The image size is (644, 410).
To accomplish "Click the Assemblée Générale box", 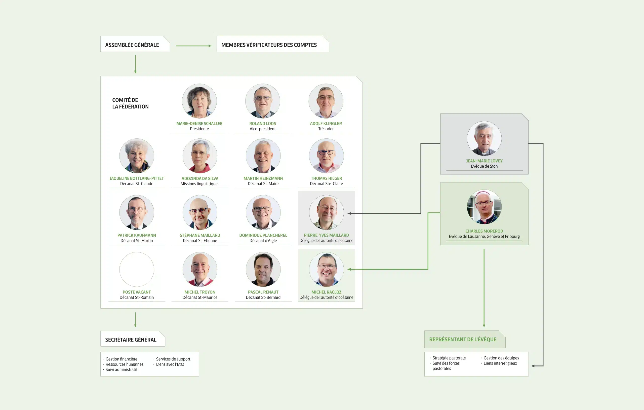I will [135, 45].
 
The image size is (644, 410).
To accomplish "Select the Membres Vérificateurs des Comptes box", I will [272, 45].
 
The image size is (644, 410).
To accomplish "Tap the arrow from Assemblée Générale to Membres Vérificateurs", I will [193, 46].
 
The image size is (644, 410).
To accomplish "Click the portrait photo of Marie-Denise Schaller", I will [199, 101].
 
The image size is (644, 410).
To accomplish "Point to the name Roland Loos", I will [262, 123].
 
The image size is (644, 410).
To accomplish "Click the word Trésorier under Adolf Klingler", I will [326, 129].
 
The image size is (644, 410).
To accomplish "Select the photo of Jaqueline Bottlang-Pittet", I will [137, 156].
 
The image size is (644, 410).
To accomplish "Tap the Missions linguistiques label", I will [200, 184].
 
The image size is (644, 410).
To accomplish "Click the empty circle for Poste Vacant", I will [137, 269].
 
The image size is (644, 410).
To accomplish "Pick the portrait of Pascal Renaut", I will [263, 269].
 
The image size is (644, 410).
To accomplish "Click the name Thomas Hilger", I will [326, 178].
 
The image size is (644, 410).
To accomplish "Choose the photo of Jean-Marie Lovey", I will [484, 138].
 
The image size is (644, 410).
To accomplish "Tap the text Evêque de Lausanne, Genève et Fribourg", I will [484, 236].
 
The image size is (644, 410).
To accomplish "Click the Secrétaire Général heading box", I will [132, 339].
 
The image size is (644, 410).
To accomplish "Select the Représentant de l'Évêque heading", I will [463, 339].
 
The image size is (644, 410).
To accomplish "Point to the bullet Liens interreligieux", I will [500, 363].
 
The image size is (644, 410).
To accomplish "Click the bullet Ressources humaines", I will [124, 364].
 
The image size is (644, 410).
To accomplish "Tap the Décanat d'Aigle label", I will [263, 241].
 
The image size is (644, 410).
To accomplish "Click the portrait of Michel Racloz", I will [326, 269].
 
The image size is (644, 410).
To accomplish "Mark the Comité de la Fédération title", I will [130, 103].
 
